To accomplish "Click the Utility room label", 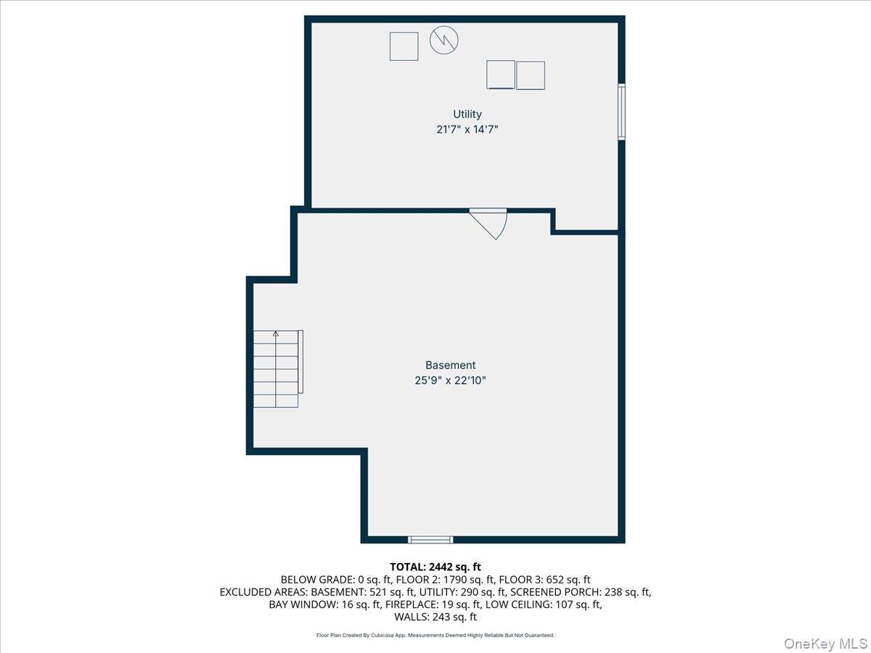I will (467, 114).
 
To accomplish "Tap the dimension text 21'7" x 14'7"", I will (467, 129).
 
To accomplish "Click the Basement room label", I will (450, 365).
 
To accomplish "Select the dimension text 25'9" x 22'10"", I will (450, 380).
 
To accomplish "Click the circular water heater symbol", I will (444, 41).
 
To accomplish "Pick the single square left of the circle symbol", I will (404, 46).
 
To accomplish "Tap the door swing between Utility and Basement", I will (491, 222).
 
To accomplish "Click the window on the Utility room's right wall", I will (621, 111).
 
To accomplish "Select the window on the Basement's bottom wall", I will (430, 539).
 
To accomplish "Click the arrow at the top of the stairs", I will (276, 334).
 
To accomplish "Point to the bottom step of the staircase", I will (276, 401).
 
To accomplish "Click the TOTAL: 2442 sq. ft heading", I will (435, 567).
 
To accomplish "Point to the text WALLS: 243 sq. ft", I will (435, 617).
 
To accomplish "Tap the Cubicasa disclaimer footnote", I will (435, 635).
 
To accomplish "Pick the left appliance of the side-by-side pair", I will (500, 75).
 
